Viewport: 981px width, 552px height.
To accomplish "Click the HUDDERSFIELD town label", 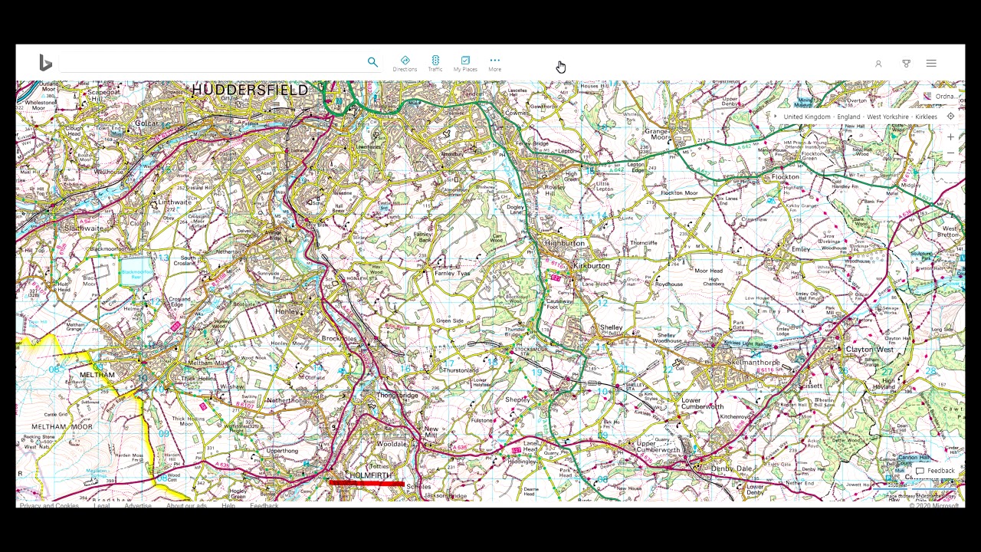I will [250, 90].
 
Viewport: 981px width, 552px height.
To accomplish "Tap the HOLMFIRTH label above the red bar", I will [370, 475].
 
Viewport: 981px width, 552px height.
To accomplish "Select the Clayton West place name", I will [869, 350].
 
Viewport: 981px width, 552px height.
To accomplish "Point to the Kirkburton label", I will [591, 266].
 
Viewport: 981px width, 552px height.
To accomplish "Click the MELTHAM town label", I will [97, 375].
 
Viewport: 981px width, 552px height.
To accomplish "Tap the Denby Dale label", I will [731, 468].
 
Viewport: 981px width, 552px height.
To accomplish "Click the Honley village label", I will [287, 312].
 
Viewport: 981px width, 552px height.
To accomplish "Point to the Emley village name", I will [800, 249].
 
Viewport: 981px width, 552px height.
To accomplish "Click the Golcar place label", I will [146, 123].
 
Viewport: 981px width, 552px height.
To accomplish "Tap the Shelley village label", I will [611, 328].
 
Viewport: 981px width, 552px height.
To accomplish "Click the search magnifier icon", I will [372, 62].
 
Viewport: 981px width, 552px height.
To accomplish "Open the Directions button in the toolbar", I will [405, 64].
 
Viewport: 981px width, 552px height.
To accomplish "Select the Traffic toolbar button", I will [435, 64].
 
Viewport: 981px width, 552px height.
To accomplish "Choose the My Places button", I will [465, 64].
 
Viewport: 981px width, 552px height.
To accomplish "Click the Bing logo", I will [45, 63].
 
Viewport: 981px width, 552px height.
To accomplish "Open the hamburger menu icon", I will [931, 64].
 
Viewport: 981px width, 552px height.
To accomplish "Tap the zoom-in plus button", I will [950, 137].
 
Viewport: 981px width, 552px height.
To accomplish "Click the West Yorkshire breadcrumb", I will [887, 117].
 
